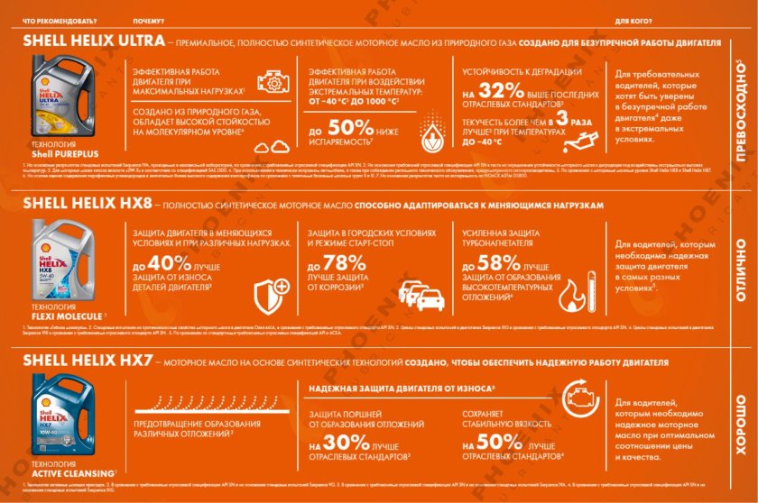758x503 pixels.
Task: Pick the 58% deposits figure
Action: (497, 262)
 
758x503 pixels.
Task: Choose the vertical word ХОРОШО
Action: (741, 422)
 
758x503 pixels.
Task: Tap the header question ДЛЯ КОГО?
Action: (633, 19)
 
